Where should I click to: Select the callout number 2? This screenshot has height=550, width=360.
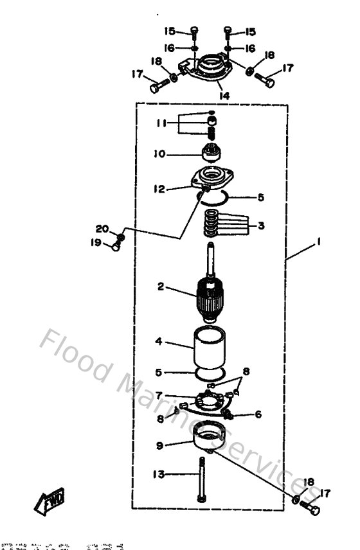[161, 287]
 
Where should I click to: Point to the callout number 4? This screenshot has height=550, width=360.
[158, 342]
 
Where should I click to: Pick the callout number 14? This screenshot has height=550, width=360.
[224, 95]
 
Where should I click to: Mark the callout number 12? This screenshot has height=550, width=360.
[159, 189]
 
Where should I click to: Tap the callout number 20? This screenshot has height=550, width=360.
[103, 228]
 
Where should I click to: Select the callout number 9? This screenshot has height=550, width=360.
[159, 444]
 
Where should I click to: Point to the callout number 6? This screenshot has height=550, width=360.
[258, 414]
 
